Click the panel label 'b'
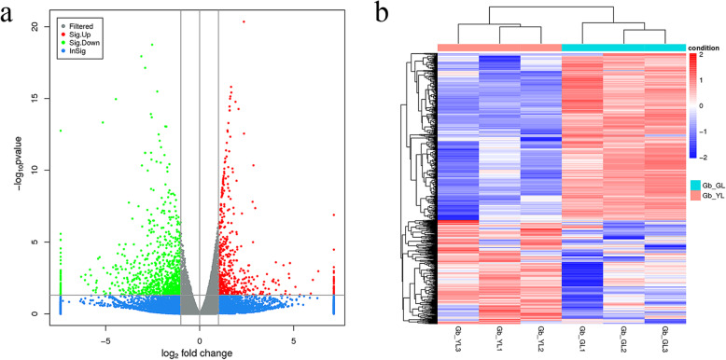coord(384,13)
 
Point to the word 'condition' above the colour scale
coord(706,47)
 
